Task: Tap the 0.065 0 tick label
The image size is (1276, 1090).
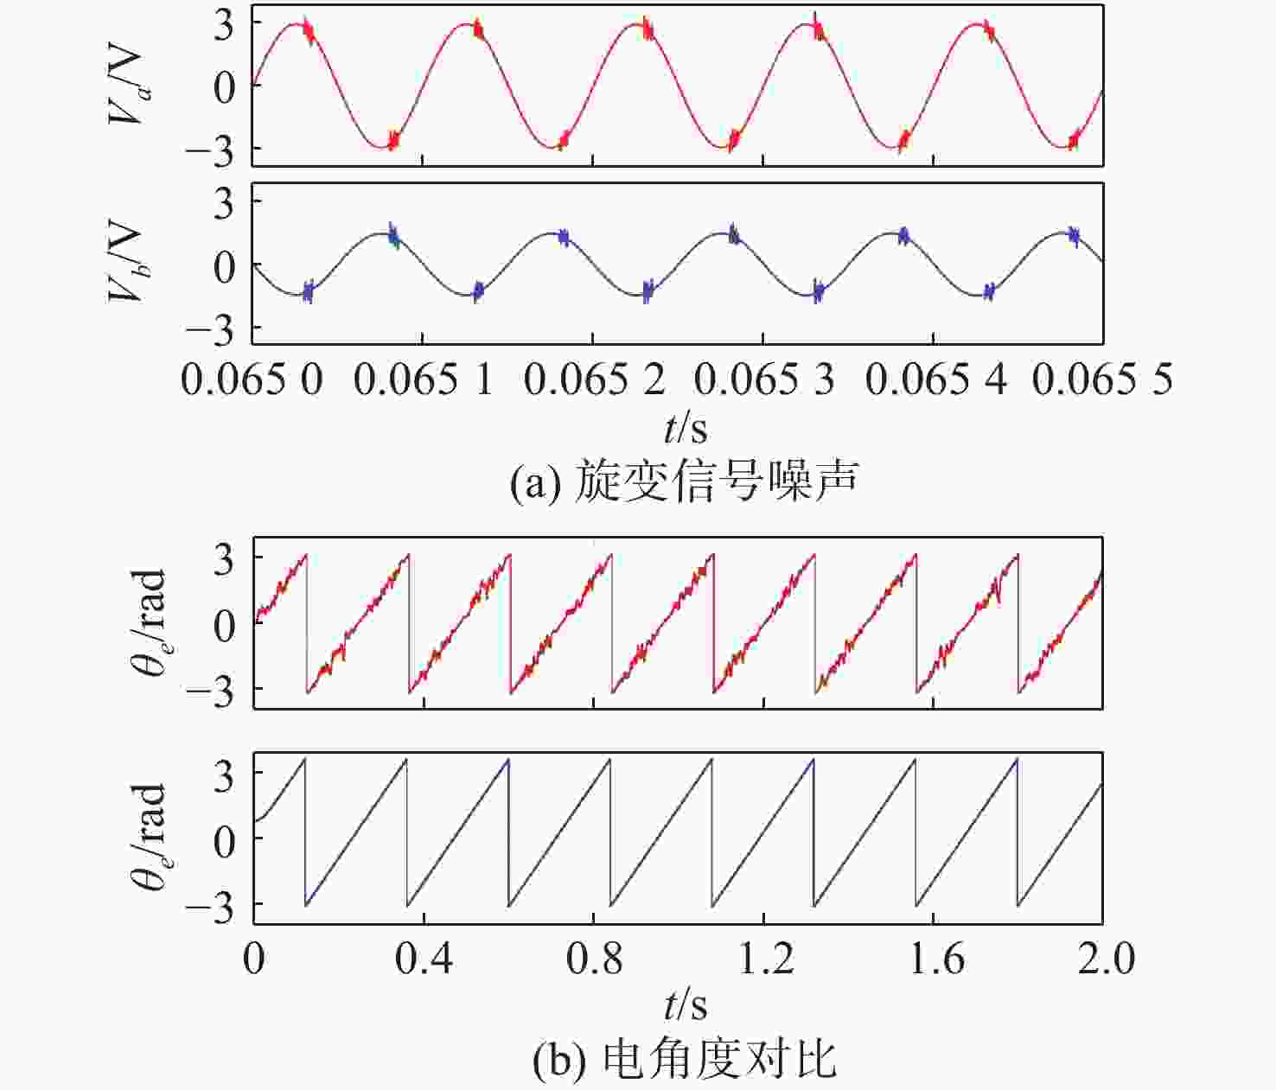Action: point(252,379)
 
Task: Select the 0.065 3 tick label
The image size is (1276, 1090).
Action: point(764,379)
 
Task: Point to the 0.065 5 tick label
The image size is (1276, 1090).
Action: point(1102,379)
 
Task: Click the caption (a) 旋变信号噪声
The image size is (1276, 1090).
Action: point(684,481)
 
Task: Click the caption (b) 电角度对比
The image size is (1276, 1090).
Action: point(684,1060)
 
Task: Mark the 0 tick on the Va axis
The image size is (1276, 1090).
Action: point(224,86)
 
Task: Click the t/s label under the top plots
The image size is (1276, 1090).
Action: point(686,428)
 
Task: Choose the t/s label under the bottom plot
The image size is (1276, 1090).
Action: point(686,1005)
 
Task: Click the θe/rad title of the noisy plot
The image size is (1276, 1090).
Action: point(149,623)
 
